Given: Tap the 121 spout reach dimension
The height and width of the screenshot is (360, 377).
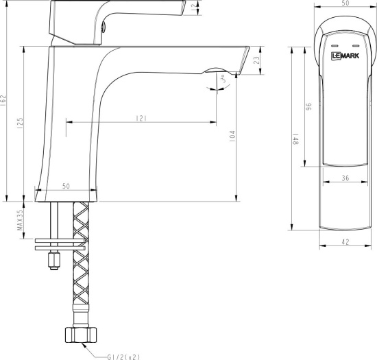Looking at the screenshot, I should click(142, 119).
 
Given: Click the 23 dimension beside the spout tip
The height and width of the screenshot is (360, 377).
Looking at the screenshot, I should click(256, 60).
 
